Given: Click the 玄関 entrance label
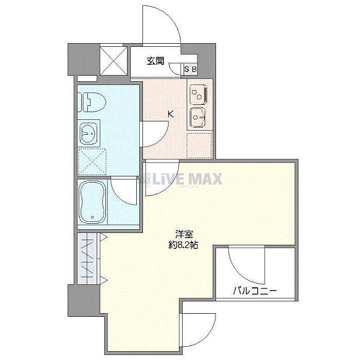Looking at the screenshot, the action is click(155, 61).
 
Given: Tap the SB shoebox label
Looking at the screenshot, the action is click(191, 69).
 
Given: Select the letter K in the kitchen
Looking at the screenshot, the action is click(171, 114).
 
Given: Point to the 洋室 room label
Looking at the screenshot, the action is click(184, 235).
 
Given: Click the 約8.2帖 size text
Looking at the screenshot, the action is click(184, 245).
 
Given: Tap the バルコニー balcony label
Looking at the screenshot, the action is click(255, 291).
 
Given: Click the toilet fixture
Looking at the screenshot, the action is click(92, 102).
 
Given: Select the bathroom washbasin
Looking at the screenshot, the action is click(88, 133).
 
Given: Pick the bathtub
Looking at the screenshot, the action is click(92, 202).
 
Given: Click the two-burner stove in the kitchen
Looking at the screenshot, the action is click(199, 94).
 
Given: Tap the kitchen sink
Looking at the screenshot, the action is click(197, 117).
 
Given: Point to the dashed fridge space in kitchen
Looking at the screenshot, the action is click(199, 146).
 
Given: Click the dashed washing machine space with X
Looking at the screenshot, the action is click(92, 162).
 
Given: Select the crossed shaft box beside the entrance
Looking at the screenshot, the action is click(114, 61).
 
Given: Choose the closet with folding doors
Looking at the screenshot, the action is click(87, 259).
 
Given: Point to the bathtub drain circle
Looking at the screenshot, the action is click(93, 217).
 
